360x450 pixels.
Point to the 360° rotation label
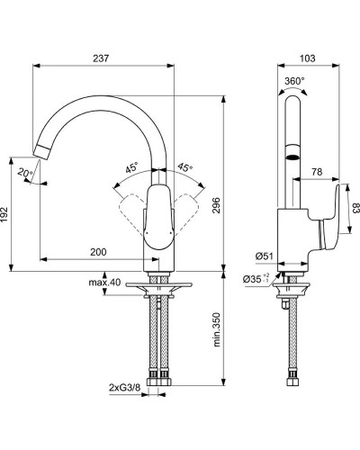point(294,80)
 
